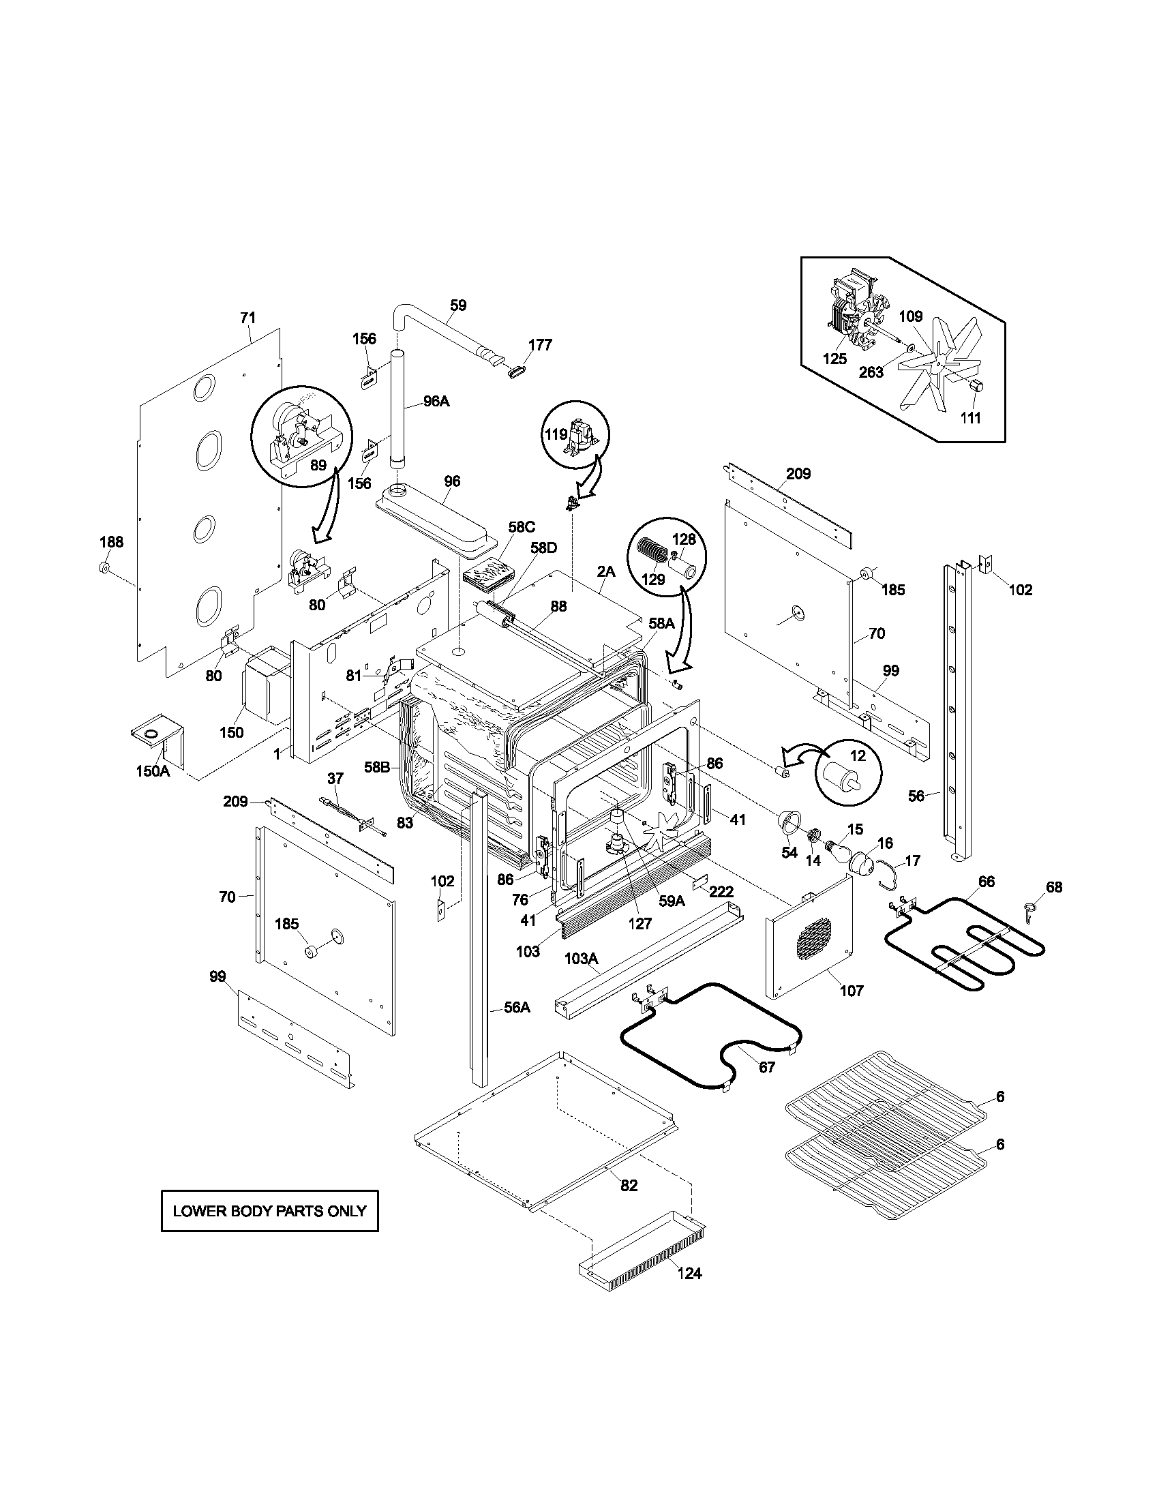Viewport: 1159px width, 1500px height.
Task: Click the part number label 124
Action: click(689, 1274)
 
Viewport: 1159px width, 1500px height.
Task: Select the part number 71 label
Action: click(247, 317)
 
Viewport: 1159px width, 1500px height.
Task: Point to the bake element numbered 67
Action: click(714, 1037)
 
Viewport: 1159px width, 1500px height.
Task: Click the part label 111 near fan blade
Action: click(969, 417)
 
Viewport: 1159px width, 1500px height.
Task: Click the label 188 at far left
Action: click(111, 542)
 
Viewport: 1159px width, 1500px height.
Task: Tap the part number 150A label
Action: click(153, 770)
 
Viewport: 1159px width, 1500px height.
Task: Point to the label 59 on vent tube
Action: click(458, 305)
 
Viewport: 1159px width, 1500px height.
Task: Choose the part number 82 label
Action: click(629, 1185)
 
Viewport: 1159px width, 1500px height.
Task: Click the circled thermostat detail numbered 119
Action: click(575, 436)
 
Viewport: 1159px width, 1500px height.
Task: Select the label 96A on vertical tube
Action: click(436, 401)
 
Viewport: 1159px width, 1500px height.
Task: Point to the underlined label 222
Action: click(721, 892)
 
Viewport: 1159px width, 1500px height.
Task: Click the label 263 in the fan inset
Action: click(871, 373)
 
